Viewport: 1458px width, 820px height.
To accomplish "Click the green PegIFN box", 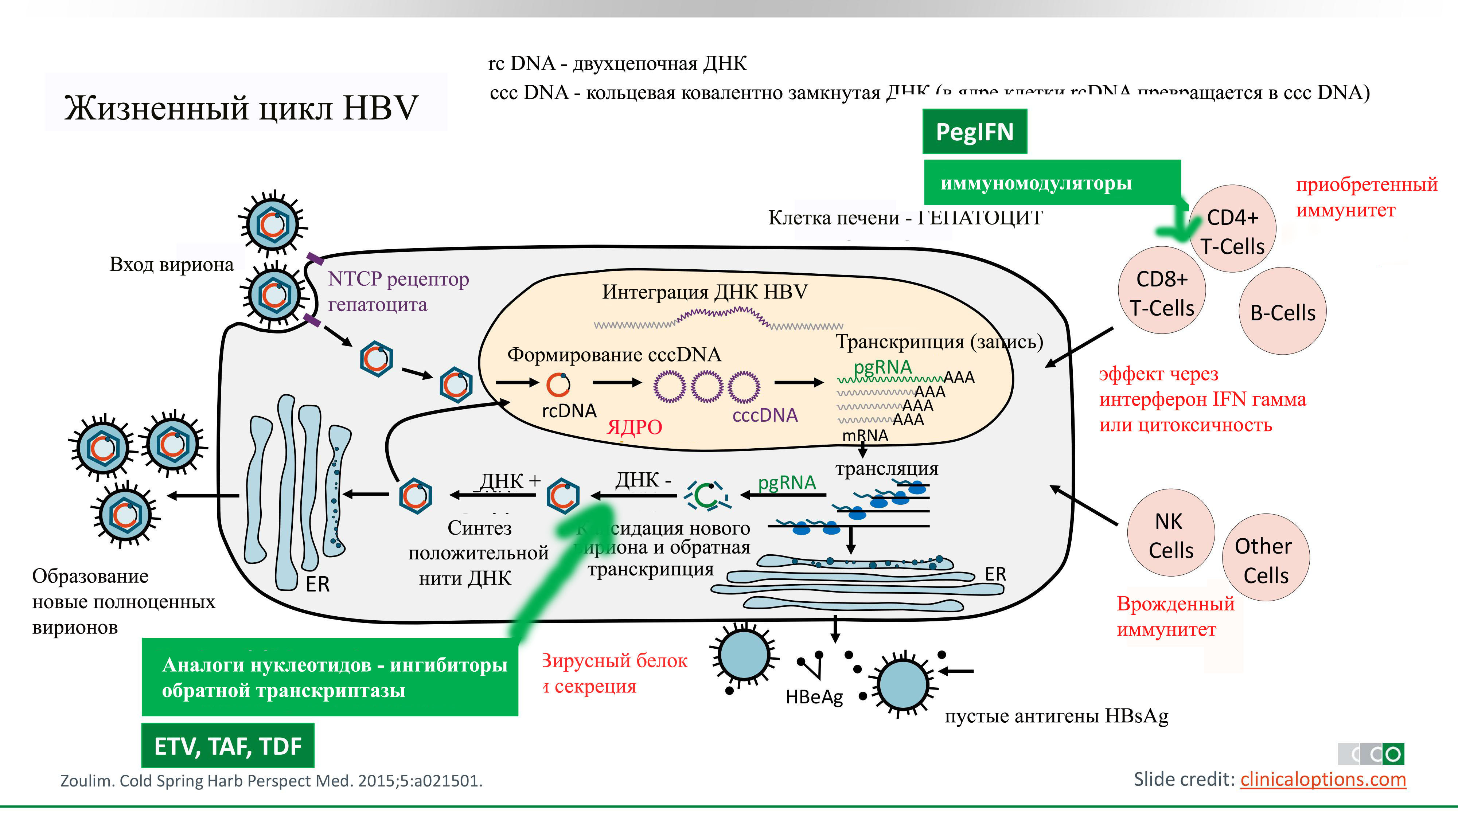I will pyautogui.click(x=974, y=131).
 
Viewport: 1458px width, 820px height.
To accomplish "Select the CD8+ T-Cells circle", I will pyautogui.click(x=1162, y=292).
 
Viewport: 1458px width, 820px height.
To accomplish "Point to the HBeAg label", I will pyautogui.click(x=814, y=696).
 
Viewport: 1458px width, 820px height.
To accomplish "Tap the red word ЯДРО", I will pyautogui.click(x=634, y=427).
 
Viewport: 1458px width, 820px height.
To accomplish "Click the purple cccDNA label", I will pyautogui.click(x=765, y=415).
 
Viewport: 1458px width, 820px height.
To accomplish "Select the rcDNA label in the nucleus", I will pyautogui.click(x=569, y=411).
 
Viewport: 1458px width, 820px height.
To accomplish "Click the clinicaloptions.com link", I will pyautogui.click(x=1323, y=779).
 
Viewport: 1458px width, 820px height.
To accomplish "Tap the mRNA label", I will pyautogui.click(x=865, y=435).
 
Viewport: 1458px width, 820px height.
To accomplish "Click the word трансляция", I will pyautogui.click(x=886, y=469).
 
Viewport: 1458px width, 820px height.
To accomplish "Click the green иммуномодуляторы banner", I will pyautogui.click(x=1036, y=183).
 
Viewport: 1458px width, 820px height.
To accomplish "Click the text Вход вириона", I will pyautogui.click(x=171, y=264).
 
